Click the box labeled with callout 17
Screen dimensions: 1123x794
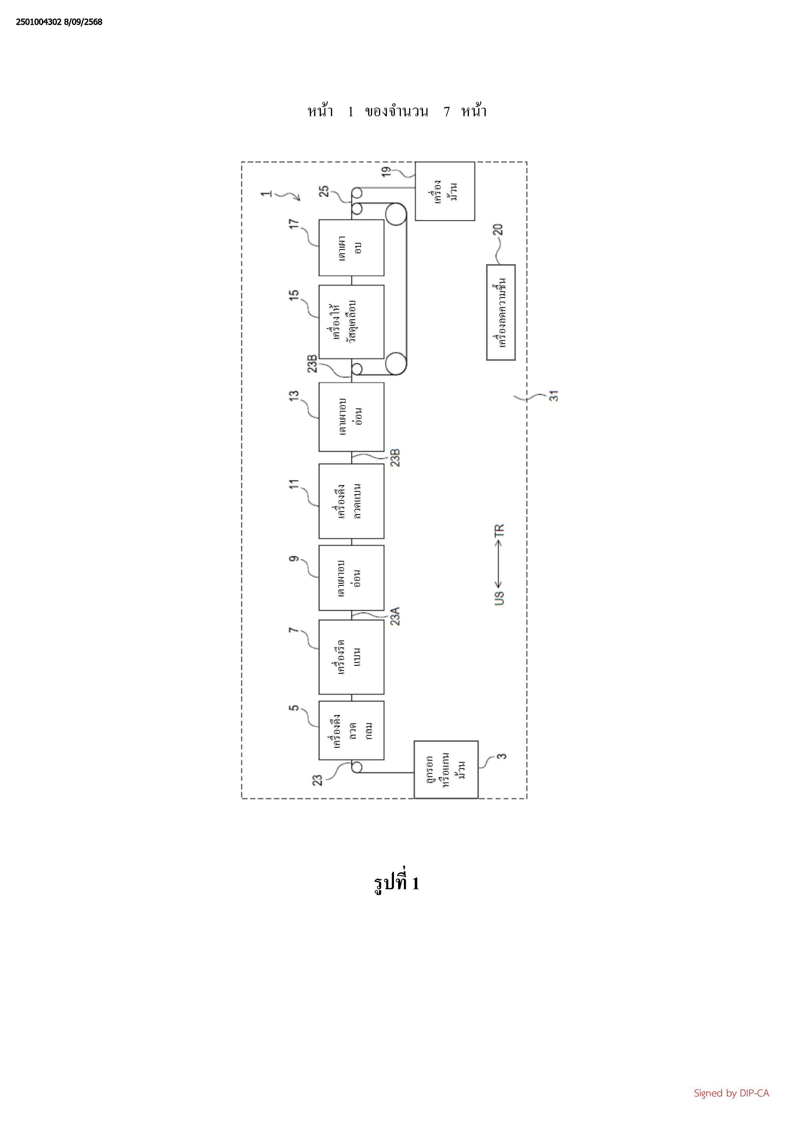[x=351, y=248]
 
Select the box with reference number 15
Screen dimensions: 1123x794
[x=351, y=321]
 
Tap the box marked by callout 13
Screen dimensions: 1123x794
[x=351, y=417]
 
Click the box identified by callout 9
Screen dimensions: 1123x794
[x=351, y=578]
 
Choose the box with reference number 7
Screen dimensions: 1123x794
[x=351, y=657]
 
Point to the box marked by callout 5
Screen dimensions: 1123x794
[x=351, y=730]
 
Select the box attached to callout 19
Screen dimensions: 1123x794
[x=445, y=191]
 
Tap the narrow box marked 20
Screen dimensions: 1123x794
[x=501, y=313]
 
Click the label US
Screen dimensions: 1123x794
[x=499, y=598]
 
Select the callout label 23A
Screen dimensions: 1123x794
[x=395, y=616]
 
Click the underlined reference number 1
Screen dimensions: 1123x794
[x=267, y=193]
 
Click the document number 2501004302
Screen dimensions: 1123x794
[x=38, y=22]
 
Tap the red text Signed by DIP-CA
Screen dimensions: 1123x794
[x=731, y=1093]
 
